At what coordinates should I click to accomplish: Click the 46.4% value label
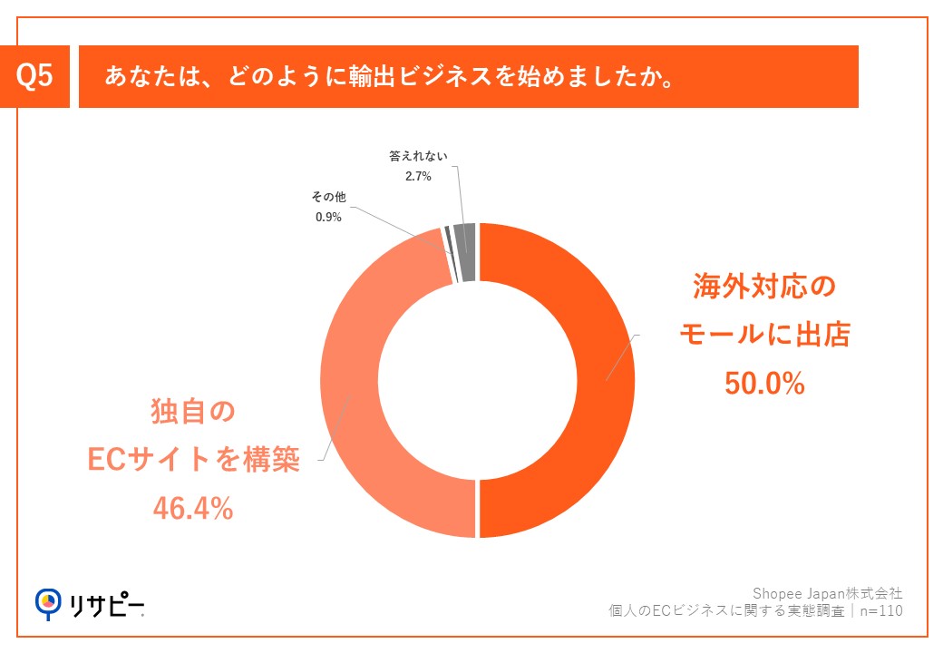coord(191,509)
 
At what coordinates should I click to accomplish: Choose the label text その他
coord(328,196)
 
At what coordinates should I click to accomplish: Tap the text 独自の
coord(191,414)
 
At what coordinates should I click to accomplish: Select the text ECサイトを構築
coord(192,461)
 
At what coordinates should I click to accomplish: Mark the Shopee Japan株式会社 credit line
coord(828,593)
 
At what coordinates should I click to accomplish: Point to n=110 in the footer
coord(882,611)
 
